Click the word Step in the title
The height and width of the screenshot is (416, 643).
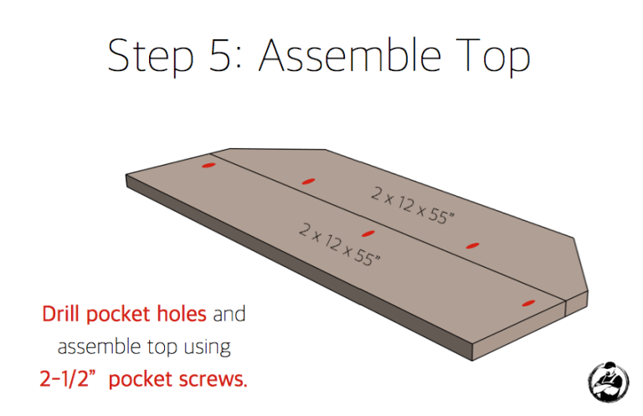(x=151, y=56)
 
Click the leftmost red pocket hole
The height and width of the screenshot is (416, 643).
(x=208, y=166)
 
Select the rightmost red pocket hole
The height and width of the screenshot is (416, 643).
(x=528, y=304)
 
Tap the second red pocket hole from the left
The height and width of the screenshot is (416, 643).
(x=308, y=181)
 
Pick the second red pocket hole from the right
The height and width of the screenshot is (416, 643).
(x=472, y=246)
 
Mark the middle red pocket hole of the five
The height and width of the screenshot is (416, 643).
(x=368, y=234)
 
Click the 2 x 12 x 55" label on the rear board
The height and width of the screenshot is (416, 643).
(x=413, y=205)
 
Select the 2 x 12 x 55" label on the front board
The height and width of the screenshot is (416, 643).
(x=339, y=244)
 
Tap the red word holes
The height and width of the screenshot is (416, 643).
(x=182, y=314)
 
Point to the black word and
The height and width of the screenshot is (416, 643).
(x=229, y=314)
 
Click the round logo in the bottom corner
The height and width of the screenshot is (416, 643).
(x=608, y=382)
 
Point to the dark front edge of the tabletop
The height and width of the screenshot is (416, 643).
(x=300, y=267)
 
